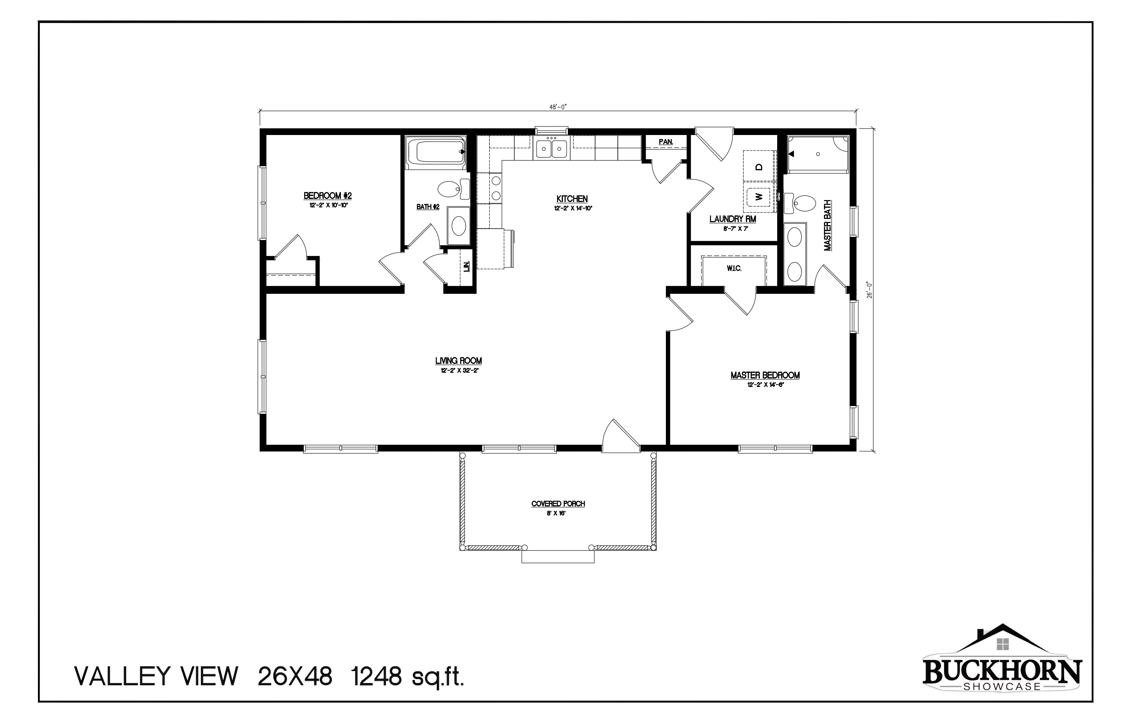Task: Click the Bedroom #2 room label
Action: tap(327, 196)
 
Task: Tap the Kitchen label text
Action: tap(572, 199)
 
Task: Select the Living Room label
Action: tap(458, 361)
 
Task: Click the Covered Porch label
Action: tap(558, 504)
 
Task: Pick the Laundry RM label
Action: tap(733, 219)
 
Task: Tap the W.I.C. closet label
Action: tap(734, 269)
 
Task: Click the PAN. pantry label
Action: tap(666, 142)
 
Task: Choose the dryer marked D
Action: tap(759, 166)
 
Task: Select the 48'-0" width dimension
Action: tap(558, 107)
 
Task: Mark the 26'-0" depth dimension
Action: tap(869, 290)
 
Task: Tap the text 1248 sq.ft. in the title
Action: tap(407, 677)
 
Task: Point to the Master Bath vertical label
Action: tap(827, 225)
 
